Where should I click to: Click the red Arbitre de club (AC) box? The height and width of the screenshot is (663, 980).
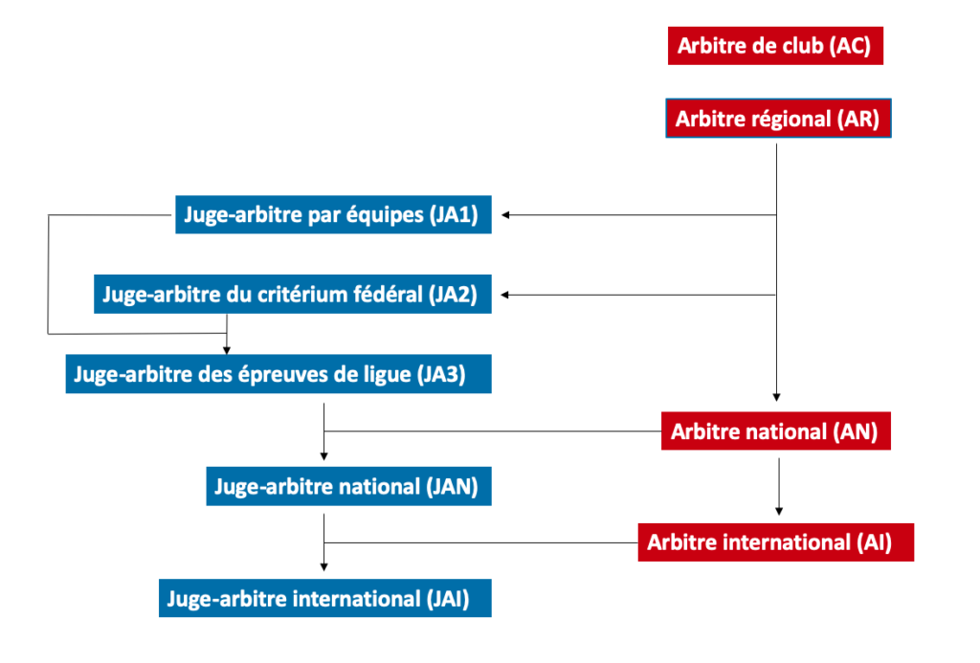(775, 46)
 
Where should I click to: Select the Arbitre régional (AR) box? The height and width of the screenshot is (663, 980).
(778, 118)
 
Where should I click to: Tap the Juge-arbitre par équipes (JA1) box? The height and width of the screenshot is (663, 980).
(333, 214)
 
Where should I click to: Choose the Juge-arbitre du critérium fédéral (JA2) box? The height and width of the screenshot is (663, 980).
(293, 294)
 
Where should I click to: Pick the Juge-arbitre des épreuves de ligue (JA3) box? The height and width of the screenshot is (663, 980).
(278, 374)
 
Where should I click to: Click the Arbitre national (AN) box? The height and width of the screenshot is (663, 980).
(775, 431)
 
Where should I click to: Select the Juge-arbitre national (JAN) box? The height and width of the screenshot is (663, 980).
(348, 486)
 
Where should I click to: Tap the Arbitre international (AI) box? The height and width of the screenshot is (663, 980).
(775, 541)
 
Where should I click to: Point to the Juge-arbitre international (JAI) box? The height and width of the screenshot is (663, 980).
(325, 598)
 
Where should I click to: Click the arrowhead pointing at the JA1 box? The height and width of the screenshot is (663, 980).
(505, 215)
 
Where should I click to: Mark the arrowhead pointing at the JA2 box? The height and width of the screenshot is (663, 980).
(505, 295)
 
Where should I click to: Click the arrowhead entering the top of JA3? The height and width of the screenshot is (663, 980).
(227, 350)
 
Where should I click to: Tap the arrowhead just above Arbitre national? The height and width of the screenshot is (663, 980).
(776, 397)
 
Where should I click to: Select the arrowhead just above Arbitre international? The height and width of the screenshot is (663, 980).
(779, 512)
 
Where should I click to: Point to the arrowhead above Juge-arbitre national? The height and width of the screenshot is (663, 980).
(323, 456)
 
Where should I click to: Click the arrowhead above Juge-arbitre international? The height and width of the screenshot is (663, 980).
(323, 567)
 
